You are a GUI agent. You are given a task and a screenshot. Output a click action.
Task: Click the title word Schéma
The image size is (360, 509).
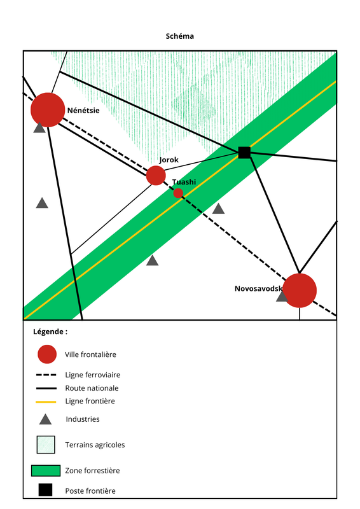(179, 36)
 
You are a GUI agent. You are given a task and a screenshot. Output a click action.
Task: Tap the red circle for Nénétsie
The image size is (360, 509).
(48, 109)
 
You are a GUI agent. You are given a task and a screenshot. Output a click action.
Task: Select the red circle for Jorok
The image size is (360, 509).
(156, 176)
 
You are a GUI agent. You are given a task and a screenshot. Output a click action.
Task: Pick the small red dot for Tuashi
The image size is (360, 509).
(178, 193)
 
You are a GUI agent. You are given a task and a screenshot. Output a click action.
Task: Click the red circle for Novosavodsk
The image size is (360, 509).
(300, 290)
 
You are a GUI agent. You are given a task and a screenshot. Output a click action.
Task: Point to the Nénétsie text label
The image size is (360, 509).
(83, 110)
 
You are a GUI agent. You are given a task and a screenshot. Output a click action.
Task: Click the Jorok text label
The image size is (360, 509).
(169, 160)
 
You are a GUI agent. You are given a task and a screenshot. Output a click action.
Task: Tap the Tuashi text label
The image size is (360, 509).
(184, 182)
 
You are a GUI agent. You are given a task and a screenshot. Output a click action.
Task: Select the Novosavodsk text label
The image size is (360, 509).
(259, 289)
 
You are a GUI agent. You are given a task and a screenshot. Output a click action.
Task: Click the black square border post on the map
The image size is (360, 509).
(244, 152)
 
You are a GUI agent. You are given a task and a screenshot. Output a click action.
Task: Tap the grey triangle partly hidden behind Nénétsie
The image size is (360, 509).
(39, 128)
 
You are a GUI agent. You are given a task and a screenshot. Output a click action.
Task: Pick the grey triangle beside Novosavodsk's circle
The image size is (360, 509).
(281, 296)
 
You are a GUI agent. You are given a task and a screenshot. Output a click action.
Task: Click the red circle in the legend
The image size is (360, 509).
(47, 354)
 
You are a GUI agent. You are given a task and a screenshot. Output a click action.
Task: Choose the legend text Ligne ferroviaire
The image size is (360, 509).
(93, 375)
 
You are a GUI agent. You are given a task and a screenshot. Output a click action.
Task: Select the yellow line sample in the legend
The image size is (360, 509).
(46, 402)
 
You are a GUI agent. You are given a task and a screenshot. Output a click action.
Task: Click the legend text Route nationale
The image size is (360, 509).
(92, 388)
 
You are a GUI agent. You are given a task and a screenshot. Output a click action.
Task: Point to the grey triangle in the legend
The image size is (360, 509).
(45, 419)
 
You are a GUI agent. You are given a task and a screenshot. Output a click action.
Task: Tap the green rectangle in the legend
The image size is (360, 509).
(46, 471)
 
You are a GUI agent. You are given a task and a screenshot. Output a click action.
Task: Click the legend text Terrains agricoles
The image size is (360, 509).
(95, 445)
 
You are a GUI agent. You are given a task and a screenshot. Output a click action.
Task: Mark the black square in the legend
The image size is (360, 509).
(45, 490)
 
